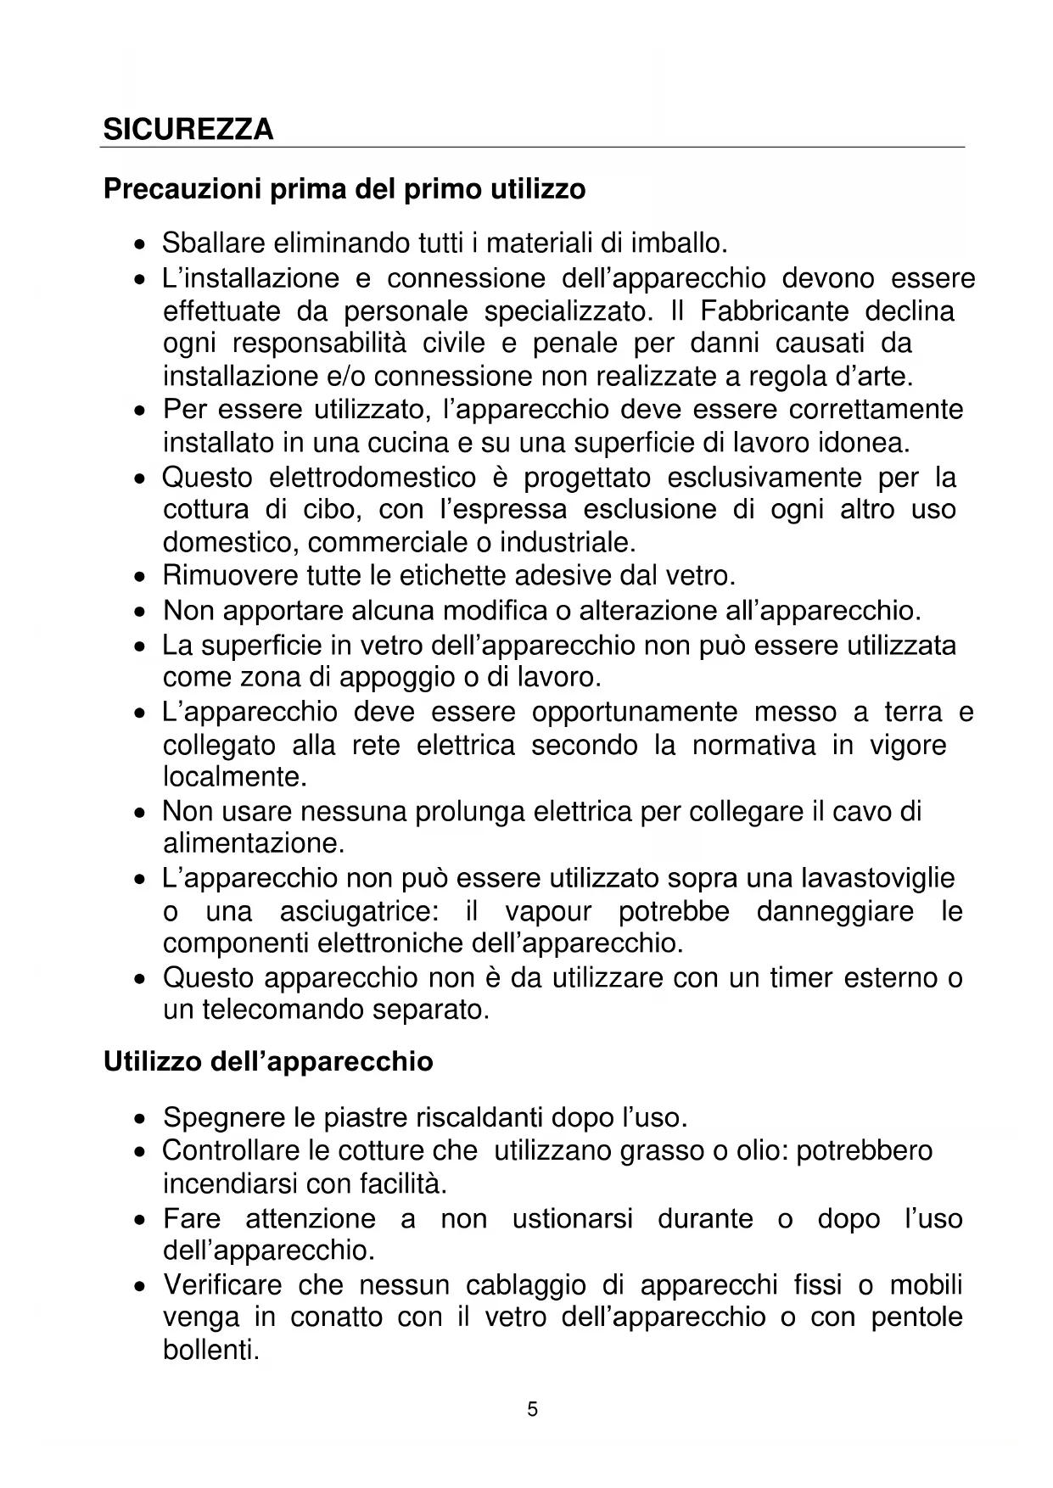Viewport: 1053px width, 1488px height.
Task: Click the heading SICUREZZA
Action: tap(188, 129)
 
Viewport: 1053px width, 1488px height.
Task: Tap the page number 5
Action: tap(532, 1410)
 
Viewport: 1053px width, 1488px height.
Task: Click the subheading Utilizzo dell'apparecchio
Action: tap(268, 1061)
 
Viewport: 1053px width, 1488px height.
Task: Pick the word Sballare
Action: tap(214, 243)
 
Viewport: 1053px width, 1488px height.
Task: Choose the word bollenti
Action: tap(210, 1350)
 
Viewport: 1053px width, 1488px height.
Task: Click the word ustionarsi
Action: tap(572, 1219)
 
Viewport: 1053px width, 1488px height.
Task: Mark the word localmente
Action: tap(234, 777)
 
